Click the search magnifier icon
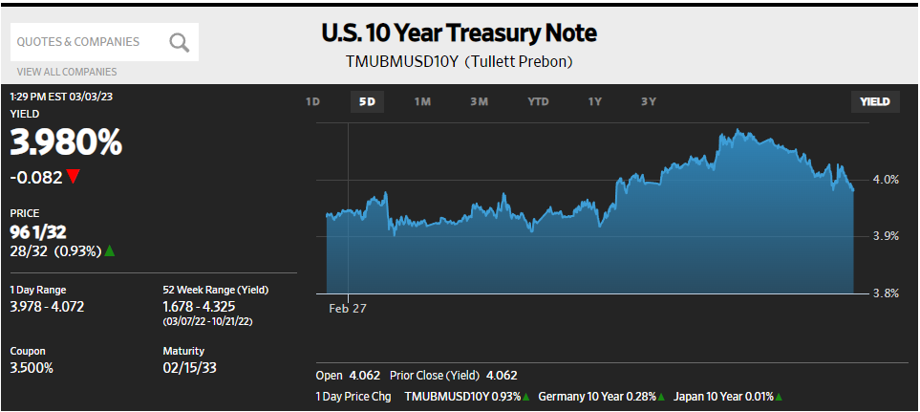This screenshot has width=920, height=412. (x=180, y=42)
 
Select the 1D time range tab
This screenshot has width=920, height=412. (x=312, y=101)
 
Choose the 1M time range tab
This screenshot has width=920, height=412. (x=422, y=101)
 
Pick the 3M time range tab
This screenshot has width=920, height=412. (x=480, y=101)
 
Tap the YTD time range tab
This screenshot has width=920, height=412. (x=539, y=101)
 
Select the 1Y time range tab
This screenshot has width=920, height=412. (x=595, y=101)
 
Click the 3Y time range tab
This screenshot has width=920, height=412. (x=649, y=101)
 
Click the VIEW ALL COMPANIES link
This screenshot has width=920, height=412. (x=67, y=72)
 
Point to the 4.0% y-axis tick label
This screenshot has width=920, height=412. (x=886, y=179)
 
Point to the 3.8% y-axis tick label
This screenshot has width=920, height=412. (x=886, y=293)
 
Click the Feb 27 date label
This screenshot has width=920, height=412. (x=348, y=309)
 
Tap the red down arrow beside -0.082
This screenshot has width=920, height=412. (x=74, y=177)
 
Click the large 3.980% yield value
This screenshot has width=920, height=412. (x=67, y=143)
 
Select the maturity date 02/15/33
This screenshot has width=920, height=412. (x=191, y=368)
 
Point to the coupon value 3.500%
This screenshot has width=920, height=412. (x=32, y=368)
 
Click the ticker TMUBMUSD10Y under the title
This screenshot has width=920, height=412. (x=402, y=62)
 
